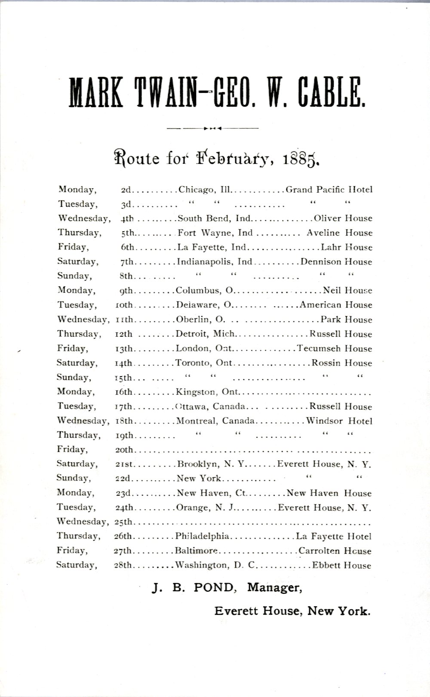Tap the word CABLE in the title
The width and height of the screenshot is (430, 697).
point(331,92)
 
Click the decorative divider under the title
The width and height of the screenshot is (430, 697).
point(212,128)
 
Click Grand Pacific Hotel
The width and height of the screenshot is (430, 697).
point(329,190)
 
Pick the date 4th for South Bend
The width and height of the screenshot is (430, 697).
point(127,218)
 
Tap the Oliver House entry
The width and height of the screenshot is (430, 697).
point(343,218)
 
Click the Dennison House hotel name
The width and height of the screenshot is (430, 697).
point(336,262)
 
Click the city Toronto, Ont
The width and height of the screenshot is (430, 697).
point(204,363)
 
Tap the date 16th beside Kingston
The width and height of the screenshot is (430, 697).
point(124,392)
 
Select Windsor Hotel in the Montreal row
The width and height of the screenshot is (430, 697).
point(339,421)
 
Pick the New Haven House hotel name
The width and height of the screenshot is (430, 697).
point(329,493)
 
